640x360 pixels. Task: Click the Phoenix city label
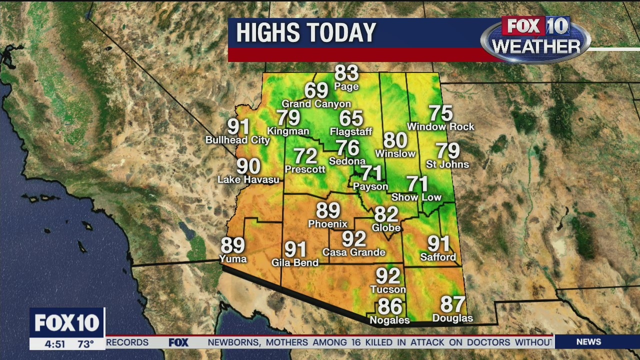pos(327,224)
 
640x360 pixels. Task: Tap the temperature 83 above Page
pos(346,73)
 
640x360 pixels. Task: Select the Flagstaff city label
pos(351,131)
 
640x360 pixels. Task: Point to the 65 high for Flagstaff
pos(351,118)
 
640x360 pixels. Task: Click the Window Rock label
pos(440,127)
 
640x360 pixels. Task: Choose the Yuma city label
pos(233,258)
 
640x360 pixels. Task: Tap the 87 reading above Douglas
pos(452,304)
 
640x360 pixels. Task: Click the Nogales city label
pos(389,320)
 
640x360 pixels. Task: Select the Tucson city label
pos(388,289)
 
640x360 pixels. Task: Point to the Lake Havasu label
pos(248,179)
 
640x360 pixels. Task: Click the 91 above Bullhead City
pos(238,126)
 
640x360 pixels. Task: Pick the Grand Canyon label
pos(316,104)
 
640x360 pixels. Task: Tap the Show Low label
pos(416,197)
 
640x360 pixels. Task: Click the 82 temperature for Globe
pos(386,214)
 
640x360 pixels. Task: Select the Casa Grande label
pos(353,252)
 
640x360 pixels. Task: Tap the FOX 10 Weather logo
pos(535,39)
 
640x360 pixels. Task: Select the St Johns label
pos(447,164)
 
